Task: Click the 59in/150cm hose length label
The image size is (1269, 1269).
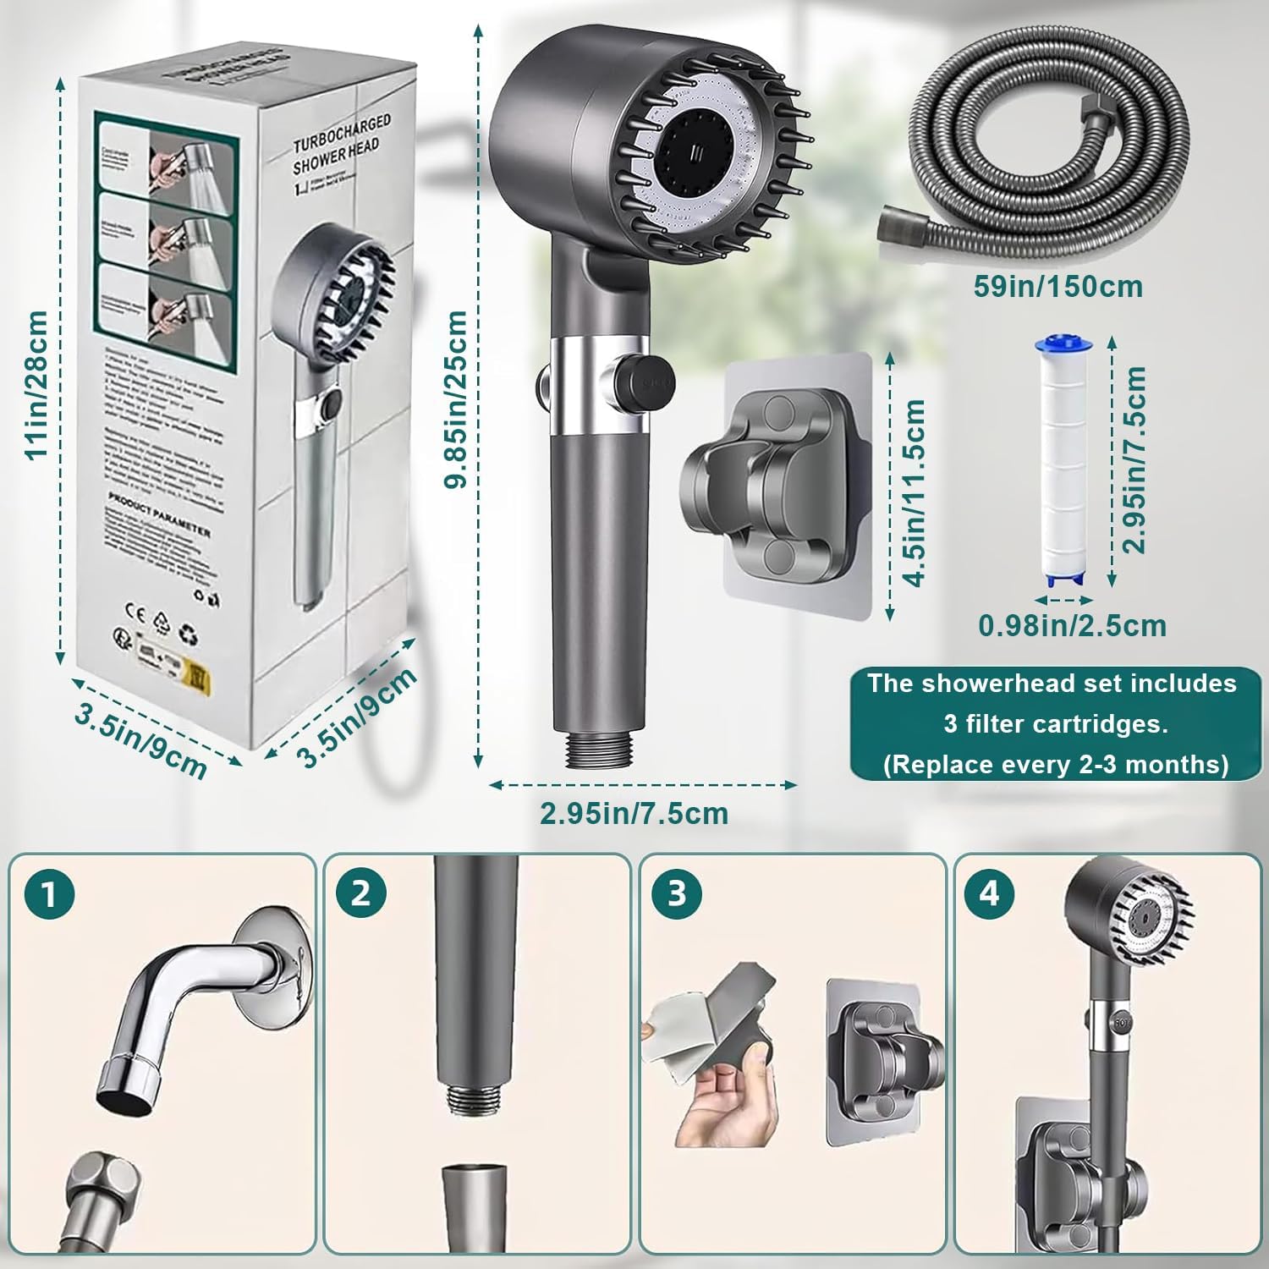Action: (1057, 286)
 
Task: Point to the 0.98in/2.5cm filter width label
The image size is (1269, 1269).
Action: (1072, 626)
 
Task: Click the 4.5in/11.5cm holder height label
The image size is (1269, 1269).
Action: (914, 492)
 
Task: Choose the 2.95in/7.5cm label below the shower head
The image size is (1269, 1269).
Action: (634, 813)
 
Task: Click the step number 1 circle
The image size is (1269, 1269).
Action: (50, 894)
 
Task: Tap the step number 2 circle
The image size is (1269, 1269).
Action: (361, 894)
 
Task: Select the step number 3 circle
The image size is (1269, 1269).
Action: (677, 894)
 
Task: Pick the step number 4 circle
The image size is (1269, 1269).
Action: (991, 894)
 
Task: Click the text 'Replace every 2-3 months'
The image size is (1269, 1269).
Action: (1056, 765)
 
